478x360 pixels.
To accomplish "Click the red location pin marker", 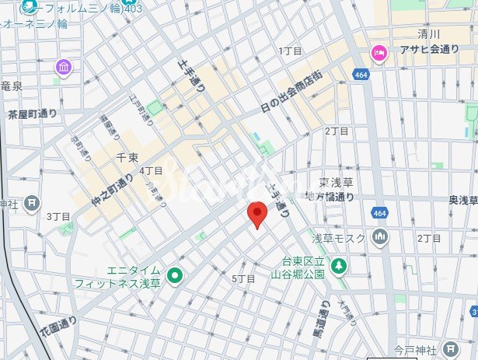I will click(x=257, y=213).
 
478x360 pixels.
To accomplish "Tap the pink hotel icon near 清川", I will click(x=379, y=53).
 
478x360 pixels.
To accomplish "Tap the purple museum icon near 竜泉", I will click(x=63, y=68).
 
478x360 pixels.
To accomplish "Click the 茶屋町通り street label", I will click(x=33, y=114).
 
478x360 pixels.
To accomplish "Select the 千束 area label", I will click(x=126, y=157).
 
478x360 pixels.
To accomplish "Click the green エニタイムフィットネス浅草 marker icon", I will click(x=175, y=274).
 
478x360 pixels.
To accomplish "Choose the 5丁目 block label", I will click(x=243, y=278).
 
